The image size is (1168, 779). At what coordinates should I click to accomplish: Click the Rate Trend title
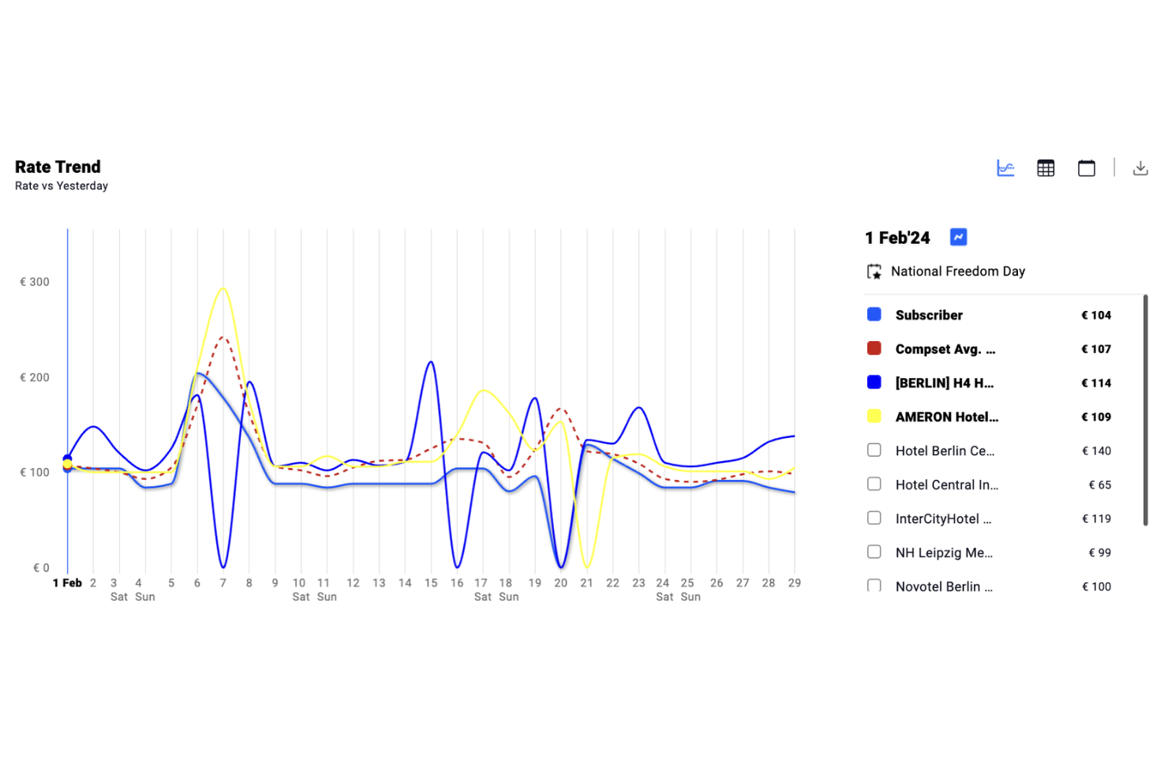click(58, 167)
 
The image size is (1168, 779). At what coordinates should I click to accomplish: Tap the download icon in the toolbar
click(1140, 168)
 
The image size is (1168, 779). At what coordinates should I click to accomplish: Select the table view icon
click(1046, 168)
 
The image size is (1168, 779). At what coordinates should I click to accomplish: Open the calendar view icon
click(1086, 168)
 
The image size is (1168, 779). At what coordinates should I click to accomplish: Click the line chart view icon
click(1005, 168)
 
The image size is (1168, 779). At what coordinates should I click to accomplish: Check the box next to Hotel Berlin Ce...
click(874, 450)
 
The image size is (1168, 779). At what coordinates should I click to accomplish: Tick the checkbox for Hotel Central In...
click(874, 484)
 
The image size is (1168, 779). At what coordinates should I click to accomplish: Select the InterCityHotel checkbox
click(874, 518)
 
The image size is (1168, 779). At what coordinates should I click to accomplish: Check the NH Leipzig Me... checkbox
click(874, 552)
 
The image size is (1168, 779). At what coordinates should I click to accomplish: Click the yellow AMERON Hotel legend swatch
click(874, 416)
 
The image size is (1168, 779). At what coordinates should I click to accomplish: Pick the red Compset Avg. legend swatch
click(874, 348)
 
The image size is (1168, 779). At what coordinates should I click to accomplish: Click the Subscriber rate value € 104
click(1095, 315)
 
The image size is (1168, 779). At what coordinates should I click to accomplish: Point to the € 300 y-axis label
click(35, 282)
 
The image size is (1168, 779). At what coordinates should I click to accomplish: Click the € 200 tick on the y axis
click(35, 377)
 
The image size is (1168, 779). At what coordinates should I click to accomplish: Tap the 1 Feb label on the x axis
click(67, 582)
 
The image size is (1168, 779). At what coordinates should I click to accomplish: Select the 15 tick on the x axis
click(431, 582)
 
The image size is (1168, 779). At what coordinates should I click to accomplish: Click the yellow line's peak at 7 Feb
click(223, 288)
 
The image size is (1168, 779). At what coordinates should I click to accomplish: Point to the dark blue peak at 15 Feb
click(431, 362)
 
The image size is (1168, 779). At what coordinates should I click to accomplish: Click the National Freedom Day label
click(957, 272)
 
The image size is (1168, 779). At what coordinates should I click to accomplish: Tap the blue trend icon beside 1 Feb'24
click(958, 237)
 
